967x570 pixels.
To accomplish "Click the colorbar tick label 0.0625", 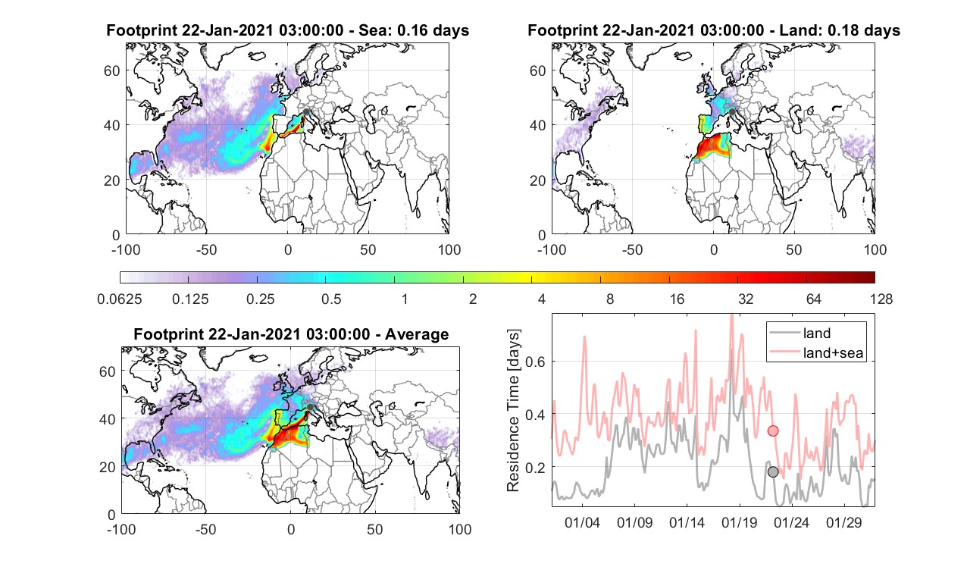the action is pos(120,299).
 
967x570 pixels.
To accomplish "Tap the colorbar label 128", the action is pos(881,299).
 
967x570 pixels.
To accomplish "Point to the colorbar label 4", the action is pos(541,299).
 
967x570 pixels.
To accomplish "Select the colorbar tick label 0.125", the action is pos(190,299).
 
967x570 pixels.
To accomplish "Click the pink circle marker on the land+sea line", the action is pos(773,431).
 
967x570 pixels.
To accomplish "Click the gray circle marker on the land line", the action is pos(773,472).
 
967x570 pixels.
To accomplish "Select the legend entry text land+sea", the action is pos(833,352).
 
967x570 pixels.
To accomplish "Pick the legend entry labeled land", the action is pos(817,333).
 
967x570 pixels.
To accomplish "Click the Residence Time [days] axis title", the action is pos(513,410).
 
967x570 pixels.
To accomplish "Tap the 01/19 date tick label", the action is pos(739,523).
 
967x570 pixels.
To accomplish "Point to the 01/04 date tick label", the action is pos(582,523).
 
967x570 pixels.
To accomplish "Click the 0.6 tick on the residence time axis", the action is pos(535,362).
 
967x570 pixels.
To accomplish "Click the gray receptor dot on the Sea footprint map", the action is pos(306,112).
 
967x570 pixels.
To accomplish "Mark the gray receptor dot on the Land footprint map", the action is pos(732,112).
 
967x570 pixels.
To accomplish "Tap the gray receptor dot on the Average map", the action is pos(310,407).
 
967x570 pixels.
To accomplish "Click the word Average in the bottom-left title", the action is pos(417,334).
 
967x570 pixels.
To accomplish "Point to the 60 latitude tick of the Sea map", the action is pos(111,70).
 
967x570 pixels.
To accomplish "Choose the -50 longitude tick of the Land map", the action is pos(633,250).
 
